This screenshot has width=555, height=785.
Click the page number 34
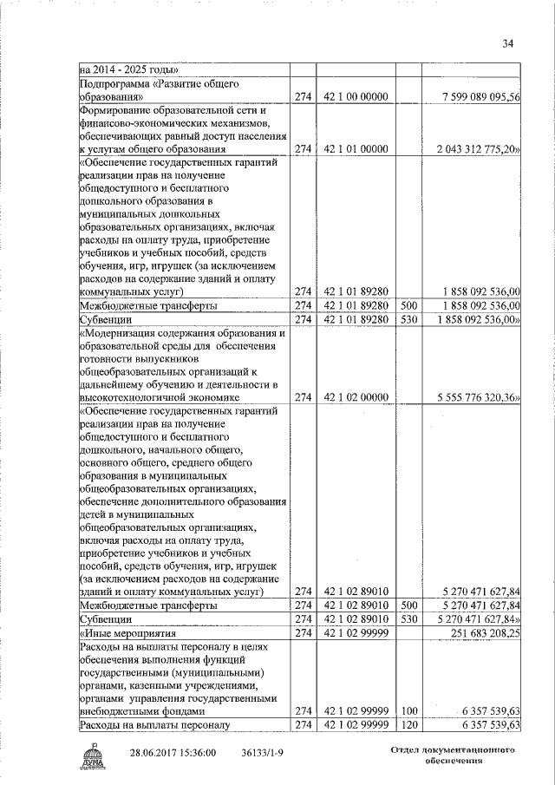click(x=508, y=44)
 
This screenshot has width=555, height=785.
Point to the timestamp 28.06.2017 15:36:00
click(x=173, y=753)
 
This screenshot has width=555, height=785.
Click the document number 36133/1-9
click(x=263, y=753)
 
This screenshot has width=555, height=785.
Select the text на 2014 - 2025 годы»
click(x=128, y=69)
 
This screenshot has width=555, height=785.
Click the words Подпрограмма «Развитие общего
click(x=159, y=84)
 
